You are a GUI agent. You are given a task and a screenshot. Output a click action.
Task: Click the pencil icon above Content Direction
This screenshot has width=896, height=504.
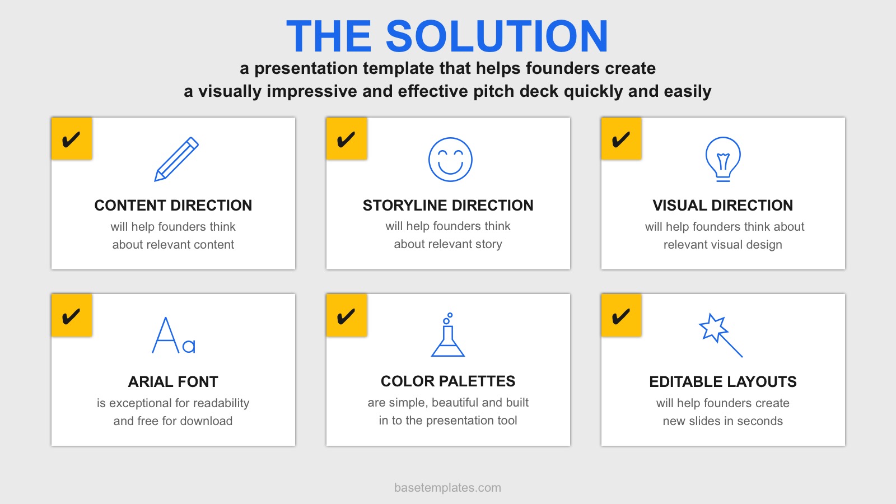[176, 159]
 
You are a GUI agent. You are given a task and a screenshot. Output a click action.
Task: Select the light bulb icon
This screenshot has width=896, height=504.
[723, 159]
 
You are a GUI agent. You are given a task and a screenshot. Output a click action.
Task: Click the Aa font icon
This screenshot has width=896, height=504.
[174, 335]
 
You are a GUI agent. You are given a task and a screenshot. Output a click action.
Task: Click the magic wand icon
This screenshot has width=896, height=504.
[720, 335]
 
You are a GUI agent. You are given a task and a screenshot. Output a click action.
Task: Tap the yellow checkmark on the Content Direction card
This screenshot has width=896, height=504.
[72, 139]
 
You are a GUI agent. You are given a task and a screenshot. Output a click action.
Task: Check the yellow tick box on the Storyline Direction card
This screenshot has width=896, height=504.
[347, 139]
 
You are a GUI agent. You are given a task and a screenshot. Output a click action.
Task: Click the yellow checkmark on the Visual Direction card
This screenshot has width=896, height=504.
[621, 139]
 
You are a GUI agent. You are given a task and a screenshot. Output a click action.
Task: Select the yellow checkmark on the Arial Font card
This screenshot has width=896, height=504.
[72, 315]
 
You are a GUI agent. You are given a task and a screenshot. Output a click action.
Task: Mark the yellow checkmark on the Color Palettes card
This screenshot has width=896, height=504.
[347, 315]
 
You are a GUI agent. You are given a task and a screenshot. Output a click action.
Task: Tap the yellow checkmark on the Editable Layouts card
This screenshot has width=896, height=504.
[621, 315]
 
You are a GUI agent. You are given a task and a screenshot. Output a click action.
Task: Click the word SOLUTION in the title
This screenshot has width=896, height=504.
[497, 36]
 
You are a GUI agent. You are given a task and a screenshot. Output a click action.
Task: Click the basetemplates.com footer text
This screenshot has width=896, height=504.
[447, 488]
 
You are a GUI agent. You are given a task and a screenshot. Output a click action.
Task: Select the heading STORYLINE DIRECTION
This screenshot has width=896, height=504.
[448, 205]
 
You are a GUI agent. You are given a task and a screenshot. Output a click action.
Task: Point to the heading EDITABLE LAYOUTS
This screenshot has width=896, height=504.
[723, 381]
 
